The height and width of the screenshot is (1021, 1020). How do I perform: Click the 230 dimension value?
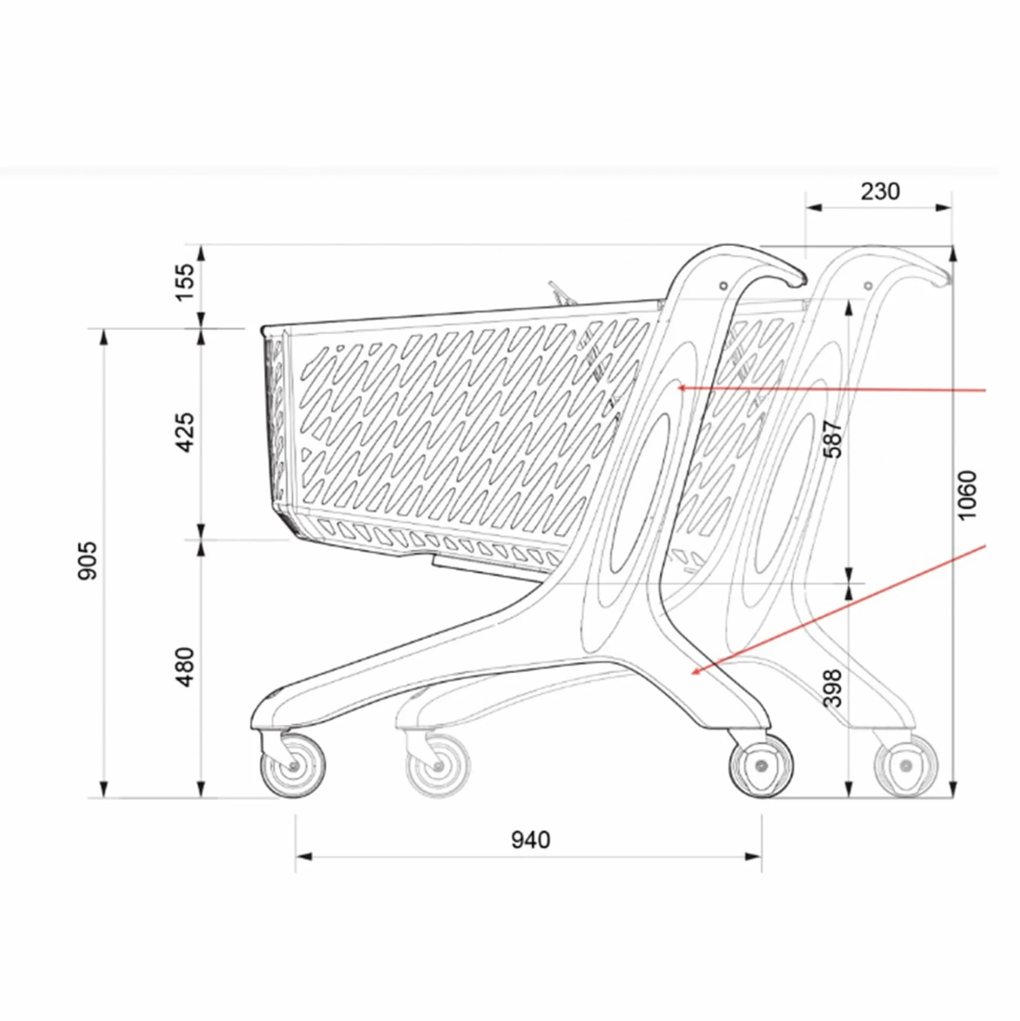click(x=880, y=191)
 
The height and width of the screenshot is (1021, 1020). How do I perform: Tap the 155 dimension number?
click(x=185, y=282)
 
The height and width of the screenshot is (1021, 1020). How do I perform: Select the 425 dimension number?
click(x=185, y=433)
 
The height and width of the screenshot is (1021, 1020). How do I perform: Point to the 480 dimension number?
click(x=185, y=667)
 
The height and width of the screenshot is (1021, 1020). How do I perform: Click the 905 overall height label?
click(x=88, y=560)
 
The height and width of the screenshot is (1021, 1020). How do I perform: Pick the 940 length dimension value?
click(x=531, y=840)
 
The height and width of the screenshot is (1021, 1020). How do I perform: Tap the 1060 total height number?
click(x=967, y=495)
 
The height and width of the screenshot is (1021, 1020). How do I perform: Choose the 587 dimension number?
click(x=832, y=439)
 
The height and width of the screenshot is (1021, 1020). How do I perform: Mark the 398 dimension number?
click(x=832, y=688)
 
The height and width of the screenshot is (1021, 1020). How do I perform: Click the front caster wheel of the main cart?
click(x=293, y=765)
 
